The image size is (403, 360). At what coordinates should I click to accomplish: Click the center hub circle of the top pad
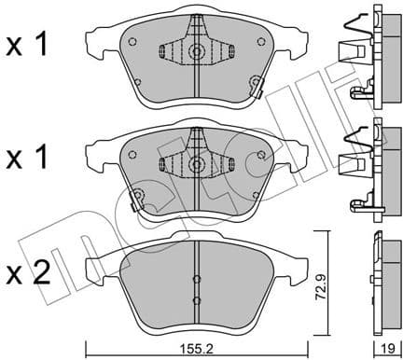click(x=196, y=52)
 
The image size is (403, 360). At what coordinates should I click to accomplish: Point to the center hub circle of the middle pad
click(x=196, y=163)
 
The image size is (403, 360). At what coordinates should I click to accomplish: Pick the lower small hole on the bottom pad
click(x=196, y=299)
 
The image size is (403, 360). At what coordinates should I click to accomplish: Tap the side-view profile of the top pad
click(x=368, y=56)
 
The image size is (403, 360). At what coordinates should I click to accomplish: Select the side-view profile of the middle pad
click(x=368, y=168)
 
